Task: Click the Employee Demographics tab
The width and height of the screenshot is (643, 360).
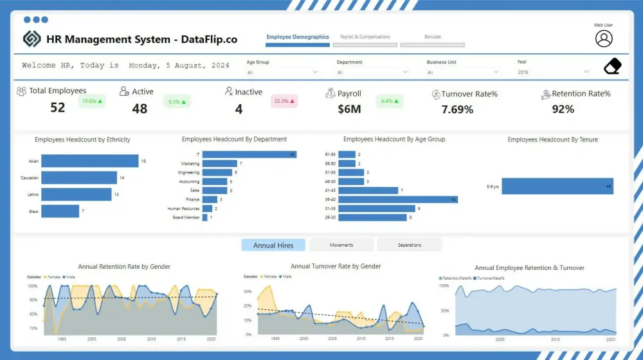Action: (298, 37)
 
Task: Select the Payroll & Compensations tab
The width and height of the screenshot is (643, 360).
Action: (365, 37)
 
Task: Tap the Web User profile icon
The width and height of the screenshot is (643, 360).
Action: (603, 39)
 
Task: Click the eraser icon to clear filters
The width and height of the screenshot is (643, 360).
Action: (613, 66)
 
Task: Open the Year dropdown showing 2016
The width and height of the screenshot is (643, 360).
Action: (553, 73)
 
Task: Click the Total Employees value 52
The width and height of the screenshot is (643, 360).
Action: (58, 108)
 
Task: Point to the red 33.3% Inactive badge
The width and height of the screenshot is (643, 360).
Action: (284, 102)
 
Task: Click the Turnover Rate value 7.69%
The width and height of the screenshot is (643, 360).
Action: (457, 110)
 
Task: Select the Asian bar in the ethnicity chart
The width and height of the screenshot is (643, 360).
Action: (90, 161)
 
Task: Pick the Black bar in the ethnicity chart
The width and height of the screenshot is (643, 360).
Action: (60, 212)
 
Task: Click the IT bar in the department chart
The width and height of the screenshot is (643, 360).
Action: (249, 154)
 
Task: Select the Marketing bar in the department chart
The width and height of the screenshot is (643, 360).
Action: (219, 163)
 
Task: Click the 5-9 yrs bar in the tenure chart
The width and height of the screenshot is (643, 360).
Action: (557, 186)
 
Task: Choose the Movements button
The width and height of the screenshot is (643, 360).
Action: (341, 245)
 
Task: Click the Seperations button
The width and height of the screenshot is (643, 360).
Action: (409, 245)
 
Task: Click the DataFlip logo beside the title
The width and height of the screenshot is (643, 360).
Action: (32, 39)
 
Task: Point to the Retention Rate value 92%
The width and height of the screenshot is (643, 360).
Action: (563, 110)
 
